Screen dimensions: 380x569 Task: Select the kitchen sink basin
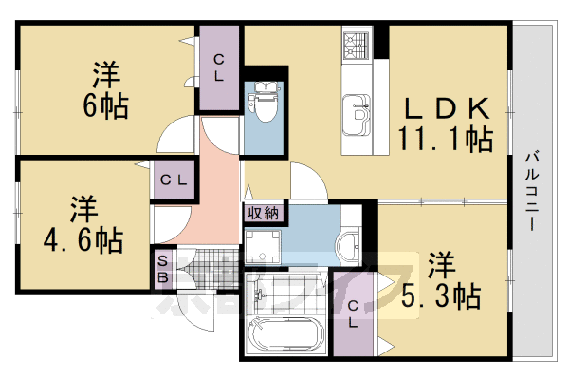(358, 111)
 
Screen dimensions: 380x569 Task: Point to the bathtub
(284, 335)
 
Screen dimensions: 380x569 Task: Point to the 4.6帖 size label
(83, 239)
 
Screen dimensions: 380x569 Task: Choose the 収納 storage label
(262, 213)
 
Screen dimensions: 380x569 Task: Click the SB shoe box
(163, 268)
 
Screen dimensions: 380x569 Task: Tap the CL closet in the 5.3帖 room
(352, 313)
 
